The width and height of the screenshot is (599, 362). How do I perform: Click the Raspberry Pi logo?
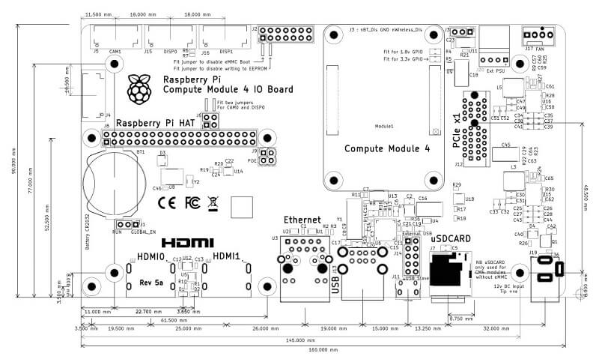137,88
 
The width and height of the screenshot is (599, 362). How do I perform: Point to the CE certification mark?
168,202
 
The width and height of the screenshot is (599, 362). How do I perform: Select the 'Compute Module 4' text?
386,148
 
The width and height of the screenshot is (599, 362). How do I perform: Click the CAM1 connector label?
115,52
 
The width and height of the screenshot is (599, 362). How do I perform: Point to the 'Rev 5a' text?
152,282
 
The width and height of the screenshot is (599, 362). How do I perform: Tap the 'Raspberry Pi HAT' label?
155,122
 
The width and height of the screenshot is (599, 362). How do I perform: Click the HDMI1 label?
228,257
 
